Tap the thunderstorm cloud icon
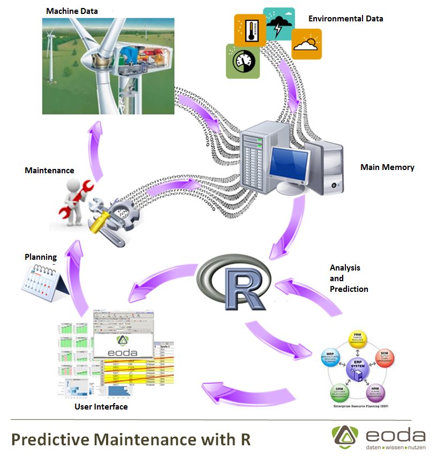click(279, 24)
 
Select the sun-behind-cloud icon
click(306, 43)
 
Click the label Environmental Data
click(345, 19)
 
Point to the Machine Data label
click(72, 11)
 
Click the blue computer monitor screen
click(289, 164)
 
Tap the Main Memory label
click(387, 167)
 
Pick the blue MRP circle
click(330, 358)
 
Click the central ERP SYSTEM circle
click(357, 367)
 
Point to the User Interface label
click(101, 407)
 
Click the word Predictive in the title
click(50, 439)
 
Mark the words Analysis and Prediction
click(349, 279)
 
